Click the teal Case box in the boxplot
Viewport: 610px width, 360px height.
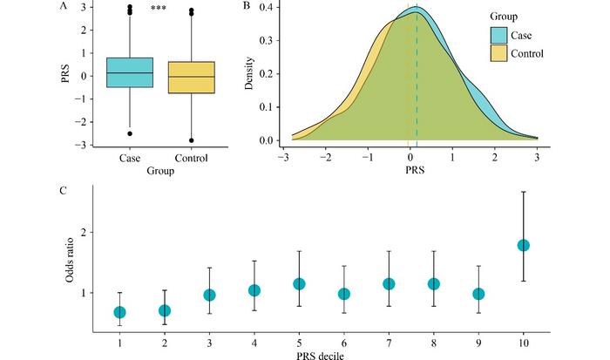tap(130, 72)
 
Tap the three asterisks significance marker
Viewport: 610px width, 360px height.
tap(159, 8)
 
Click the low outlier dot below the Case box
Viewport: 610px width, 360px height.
tap(130, 133)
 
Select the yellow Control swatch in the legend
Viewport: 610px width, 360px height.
tap(505, 53)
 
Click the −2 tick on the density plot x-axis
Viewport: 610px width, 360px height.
tap(325, 160)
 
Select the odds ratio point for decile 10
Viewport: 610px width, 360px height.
tap(524, 245)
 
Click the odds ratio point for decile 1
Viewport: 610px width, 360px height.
tap(120, 312)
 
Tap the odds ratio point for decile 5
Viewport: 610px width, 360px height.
tap(300, 284)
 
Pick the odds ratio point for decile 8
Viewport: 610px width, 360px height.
tap(434, 284)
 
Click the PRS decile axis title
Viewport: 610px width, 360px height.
tap(322, 353)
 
